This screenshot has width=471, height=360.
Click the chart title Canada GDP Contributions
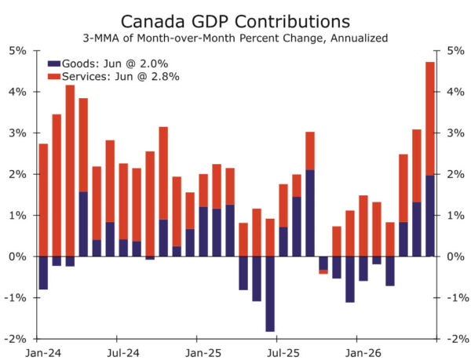coord(235,22)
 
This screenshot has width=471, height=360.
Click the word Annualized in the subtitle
coord(360,38)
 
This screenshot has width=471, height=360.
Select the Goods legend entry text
coord(115,64)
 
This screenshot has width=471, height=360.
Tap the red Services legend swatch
coord(54,77)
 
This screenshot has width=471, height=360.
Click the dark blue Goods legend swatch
coord(54,64)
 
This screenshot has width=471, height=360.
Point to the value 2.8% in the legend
coord(165,77)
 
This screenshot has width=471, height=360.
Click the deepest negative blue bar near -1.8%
coord(270,294)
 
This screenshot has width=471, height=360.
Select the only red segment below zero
coord(323,272)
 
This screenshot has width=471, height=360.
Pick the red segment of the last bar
coord(430,118)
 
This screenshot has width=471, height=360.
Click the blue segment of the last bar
coord(430,216)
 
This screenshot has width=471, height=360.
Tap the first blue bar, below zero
coord(43,273)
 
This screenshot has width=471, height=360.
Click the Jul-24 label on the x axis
coord(123,353)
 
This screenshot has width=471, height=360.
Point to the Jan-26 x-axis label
coord(363,353)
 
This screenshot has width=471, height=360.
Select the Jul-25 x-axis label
coord(283,353)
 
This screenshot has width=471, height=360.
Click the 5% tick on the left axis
coord(18,51)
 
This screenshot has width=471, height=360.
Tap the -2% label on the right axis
coord(458,339)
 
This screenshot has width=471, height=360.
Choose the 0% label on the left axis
coord(18,256)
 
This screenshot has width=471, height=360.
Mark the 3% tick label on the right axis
coord(455,133)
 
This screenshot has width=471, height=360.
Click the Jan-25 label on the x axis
coord(203,353)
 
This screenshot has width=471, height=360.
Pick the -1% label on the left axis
coord(15,298)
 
